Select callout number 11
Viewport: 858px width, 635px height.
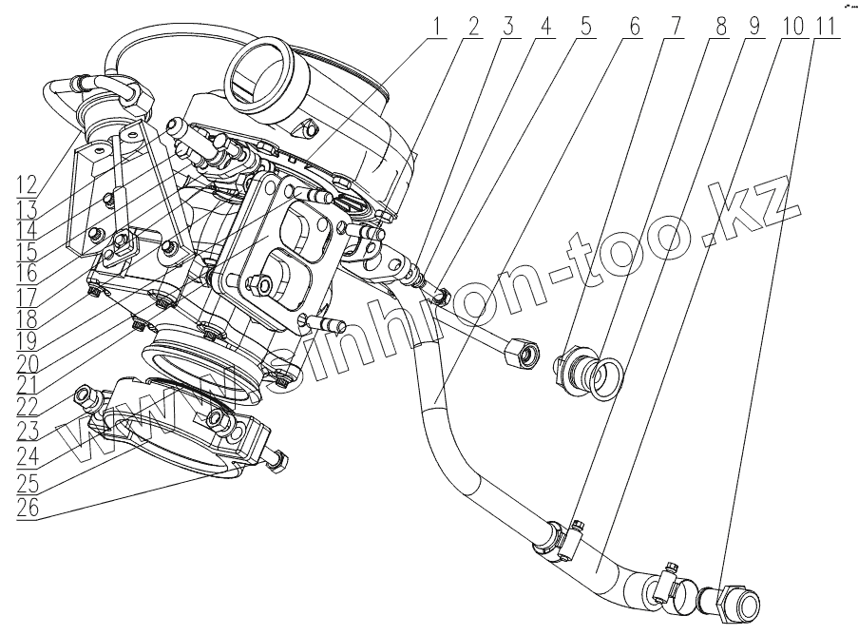click(x=826, y=27)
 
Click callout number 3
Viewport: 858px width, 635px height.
click(x=507, y=27)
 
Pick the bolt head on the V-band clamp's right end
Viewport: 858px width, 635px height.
click(x=276, y=461)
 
